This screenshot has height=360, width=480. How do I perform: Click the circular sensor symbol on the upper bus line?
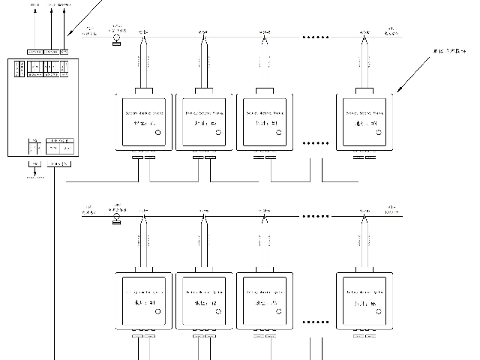click(x=116, y=34)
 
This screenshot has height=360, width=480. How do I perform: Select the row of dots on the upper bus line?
click(x=315, y=36)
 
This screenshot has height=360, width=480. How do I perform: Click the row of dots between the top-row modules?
click(x=315, y=142)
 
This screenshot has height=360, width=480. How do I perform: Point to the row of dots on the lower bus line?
click(x=315, y=217)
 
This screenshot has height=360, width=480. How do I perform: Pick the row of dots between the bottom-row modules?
click(x=315, y=321)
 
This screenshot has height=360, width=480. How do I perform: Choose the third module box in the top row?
click(x=264, y=121)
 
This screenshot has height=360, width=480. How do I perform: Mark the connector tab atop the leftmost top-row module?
click(x=143, y=90)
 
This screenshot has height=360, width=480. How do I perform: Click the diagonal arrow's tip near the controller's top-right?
click(x=67, y=35)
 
